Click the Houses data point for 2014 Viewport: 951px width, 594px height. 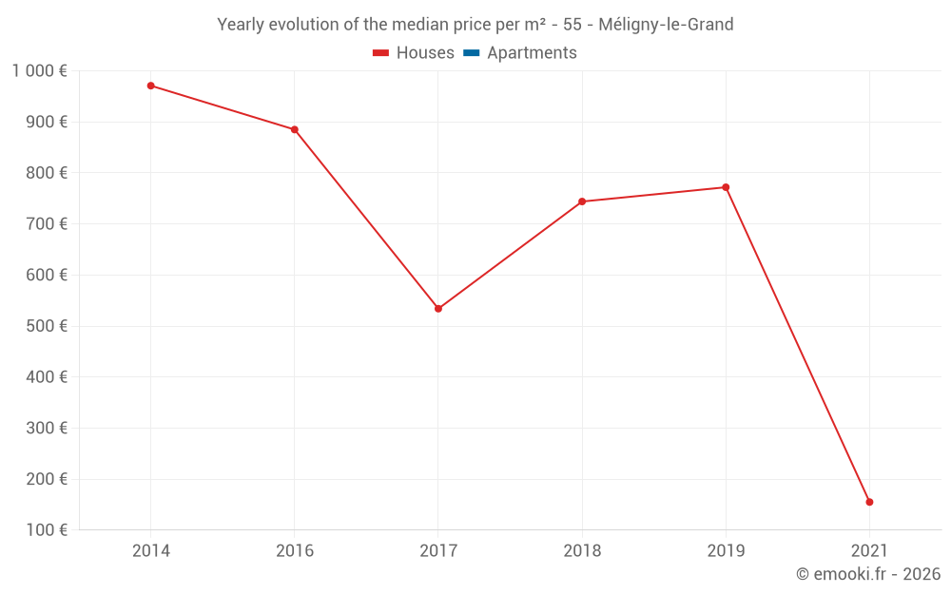[x=151, y=86]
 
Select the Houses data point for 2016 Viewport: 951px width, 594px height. [x=295, y=129]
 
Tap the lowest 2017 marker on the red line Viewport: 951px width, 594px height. [x=438, y=309]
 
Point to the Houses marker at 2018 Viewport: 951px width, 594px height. [x=582, y=201]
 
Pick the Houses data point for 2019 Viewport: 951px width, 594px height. [x=726, y=187]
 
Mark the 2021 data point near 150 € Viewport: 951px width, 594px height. [x=869, y=502]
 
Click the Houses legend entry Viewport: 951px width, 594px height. [x=414, y=53]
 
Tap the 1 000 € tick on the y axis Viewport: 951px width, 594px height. [x=39, y=70]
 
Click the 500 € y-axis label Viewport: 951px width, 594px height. [x=45, y=326]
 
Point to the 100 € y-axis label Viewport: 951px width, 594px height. [x=45, y=529]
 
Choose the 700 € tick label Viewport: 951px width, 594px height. [x=45, y=223]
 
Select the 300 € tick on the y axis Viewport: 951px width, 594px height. [x=45, y=428]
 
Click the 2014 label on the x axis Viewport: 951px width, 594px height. [x=151, y=550]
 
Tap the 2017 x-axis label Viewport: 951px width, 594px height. [x=438, y=550]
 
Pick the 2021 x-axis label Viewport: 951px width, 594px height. [x=869, y=550]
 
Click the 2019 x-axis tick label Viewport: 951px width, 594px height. [x=726, y=550]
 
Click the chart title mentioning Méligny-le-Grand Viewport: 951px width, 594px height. [x=475, y=25]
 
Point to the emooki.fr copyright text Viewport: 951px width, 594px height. [x=868, y=574]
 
